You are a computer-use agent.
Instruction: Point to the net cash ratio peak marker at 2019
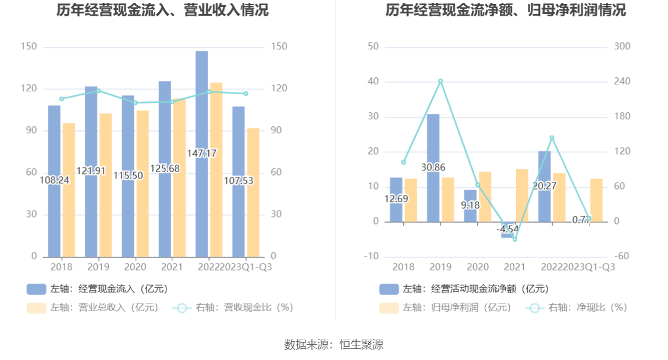[440, 81]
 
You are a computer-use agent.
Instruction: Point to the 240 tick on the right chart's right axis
[623, 81]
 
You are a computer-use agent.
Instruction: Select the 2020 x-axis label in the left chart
[135, 267]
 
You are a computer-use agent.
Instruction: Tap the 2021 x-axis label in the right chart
[514, 267]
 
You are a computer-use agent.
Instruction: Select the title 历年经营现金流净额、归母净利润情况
[506, 10]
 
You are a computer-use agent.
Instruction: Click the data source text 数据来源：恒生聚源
[333, 344]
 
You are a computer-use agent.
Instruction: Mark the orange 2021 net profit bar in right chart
[522, 195]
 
